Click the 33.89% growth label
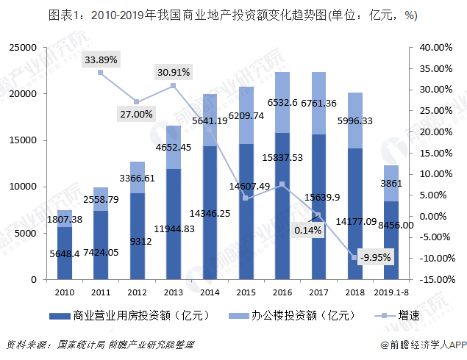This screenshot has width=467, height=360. pyautogui.click(x=101, y=59)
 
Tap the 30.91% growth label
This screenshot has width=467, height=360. pyautogui.click(x=173, y=72)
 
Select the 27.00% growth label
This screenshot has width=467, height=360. pyautogui.click(x=136, y=114)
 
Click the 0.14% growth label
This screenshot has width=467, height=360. pyautogui.click(x=307, y=230)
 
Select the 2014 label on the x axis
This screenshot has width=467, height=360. pyautogui.click(x=209, y=292)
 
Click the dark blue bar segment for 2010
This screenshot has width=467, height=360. pyautogui.click(x=65, y=253)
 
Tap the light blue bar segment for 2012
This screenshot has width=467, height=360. pyautogui.click(x=138, y=177)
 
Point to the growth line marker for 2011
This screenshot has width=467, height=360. pyautogui.click(x=101, y=73)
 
